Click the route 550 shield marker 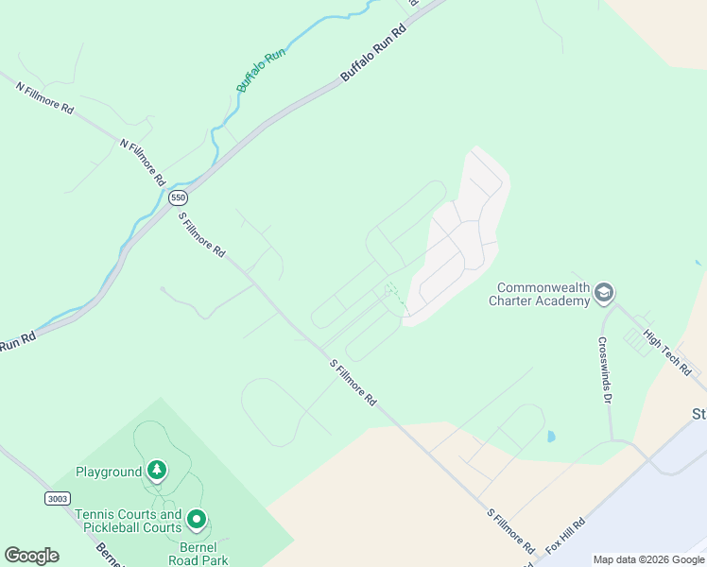[179, 198]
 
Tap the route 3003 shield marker [57, 496]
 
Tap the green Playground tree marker [157, 470]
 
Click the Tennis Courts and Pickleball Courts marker [197, 520]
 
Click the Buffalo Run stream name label [261, 70]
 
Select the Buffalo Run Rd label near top [373, 52]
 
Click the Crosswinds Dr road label [603, 370]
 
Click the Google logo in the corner [31, 556]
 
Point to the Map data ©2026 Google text [648, 559]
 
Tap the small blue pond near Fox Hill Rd [551, 437]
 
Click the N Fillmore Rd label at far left [44, 97]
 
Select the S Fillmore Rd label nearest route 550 [203, 235]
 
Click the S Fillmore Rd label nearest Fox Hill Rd [511, 531]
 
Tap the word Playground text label [109, 471]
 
